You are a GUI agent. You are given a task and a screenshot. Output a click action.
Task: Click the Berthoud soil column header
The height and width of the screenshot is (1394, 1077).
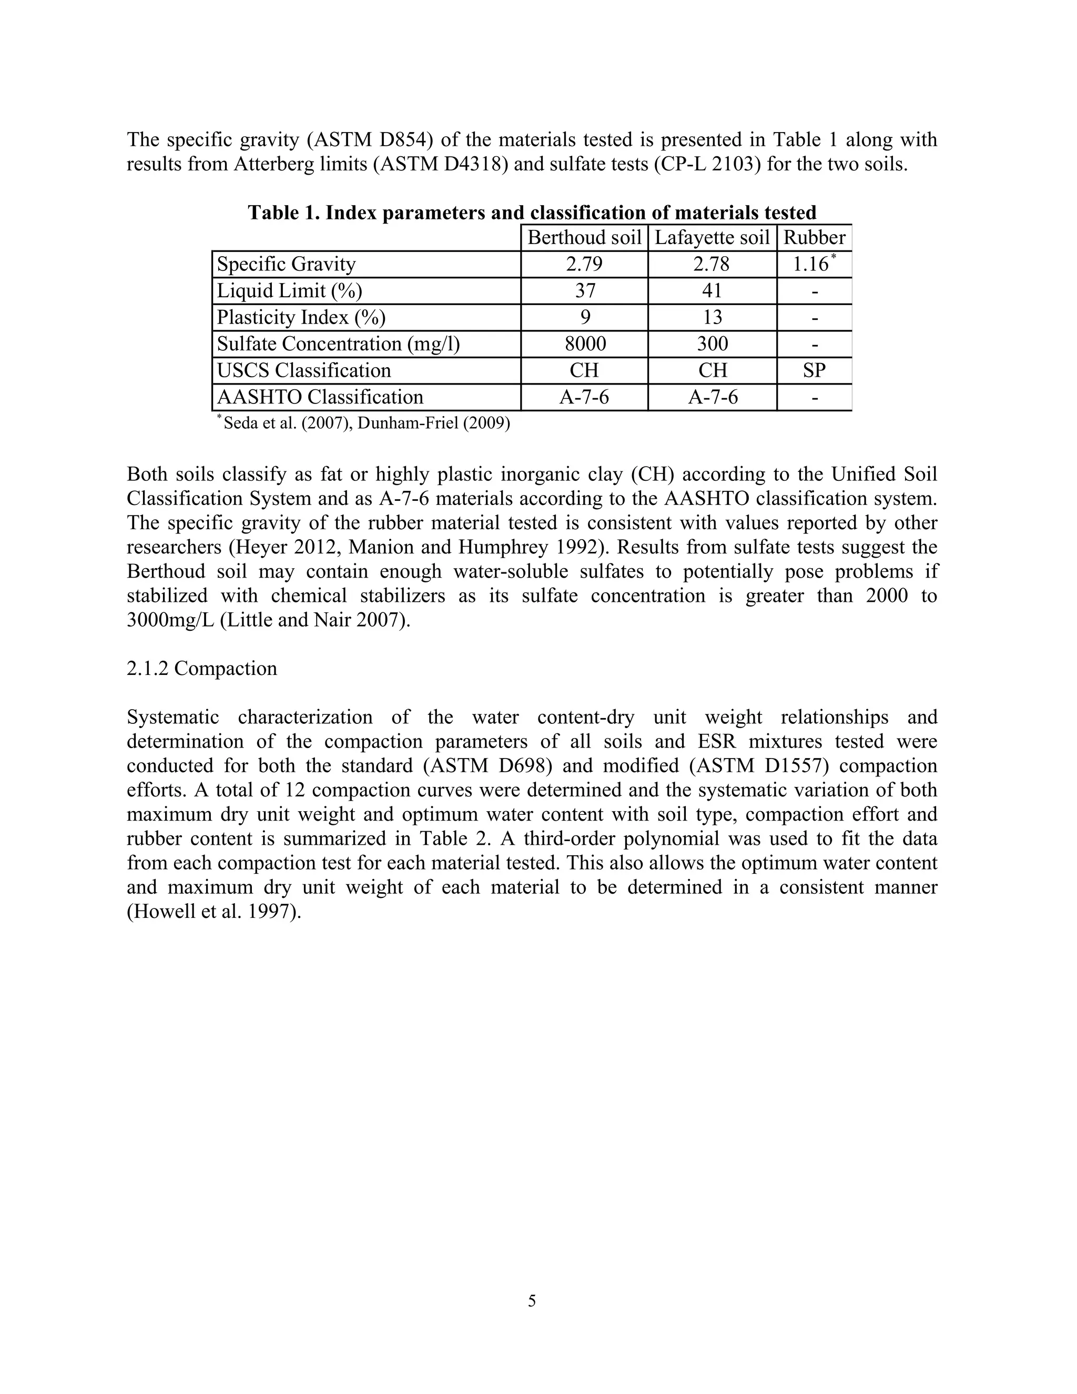point(584,238)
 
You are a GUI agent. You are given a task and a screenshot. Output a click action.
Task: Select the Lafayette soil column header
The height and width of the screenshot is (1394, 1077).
point(712,238)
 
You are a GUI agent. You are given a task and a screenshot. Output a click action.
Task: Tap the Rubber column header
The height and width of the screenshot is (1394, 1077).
point(814,238)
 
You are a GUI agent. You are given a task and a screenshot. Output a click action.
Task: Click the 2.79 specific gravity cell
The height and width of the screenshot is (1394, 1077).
point(584,264)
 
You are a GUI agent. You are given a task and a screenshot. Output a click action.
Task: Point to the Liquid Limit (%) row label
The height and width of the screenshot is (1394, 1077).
point(289,291)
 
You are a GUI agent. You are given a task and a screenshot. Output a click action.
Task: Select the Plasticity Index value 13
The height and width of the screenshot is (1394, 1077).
point(712,317)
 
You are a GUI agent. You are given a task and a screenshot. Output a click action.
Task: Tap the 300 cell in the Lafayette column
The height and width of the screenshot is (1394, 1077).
point(712,344)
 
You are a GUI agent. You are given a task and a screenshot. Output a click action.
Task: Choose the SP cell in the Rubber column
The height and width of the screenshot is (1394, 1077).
point(814,371)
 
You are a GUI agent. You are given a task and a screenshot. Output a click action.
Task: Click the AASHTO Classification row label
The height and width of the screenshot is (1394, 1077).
point(320,397)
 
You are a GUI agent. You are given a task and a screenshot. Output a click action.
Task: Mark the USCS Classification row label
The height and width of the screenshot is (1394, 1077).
point(304,371)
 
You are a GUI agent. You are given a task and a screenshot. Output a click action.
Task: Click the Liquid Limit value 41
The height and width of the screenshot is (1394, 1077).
point(712,291)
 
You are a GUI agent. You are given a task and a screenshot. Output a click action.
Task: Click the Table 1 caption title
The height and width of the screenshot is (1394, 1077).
point(532,212)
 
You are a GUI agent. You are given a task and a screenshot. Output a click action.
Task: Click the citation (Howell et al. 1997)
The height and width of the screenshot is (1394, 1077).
point(214,912)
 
